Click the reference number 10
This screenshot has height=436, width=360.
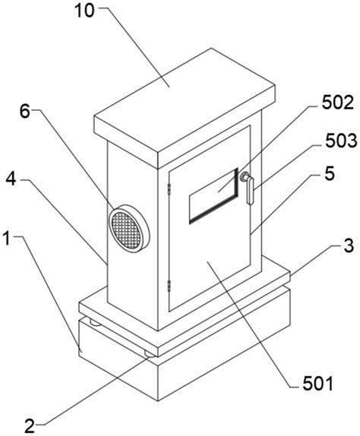click(85, 11)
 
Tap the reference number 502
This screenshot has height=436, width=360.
click(338, 103)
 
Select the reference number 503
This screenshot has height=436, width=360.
click(341, 141)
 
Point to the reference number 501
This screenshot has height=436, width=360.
click(317, 384)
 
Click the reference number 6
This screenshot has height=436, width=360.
click(25, 112)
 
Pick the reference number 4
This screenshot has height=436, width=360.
click(11, 180)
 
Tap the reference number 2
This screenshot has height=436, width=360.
click(30, 425)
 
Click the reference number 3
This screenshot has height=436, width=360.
click(349, 245)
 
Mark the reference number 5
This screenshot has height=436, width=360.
click(330, 174)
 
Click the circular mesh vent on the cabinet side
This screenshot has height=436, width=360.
click(128, 229)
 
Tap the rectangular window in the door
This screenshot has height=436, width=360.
click(213, 196)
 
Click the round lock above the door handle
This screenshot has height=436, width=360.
click(245, 176)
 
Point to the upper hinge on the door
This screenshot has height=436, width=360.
click(169, 188)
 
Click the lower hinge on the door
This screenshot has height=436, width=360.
click(169, 286)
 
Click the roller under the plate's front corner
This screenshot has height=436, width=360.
click(150, 354)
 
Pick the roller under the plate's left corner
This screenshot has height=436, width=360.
click(95, 323)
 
